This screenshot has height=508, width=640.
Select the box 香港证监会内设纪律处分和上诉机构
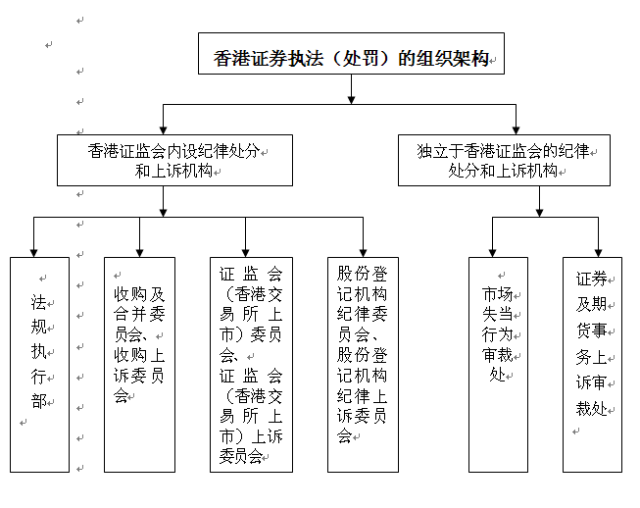[173, 160]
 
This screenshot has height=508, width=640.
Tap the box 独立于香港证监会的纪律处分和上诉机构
[503, 160]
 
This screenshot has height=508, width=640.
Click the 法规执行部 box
[39, 364]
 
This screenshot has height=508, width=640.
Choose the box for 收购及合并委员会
[139, 364]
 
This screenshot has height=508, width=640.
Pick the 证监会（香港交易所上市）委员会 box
[250, 364]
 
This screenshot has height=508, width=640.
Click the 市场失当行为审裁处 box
[497, 364]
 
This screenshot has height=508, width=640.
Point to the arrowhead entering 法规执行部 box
[34, 251]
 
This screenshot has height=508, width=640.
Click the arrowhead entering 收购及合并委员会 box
[139, 251]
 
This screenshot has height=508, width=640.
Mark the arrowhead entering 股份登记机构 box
[363, 251]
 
